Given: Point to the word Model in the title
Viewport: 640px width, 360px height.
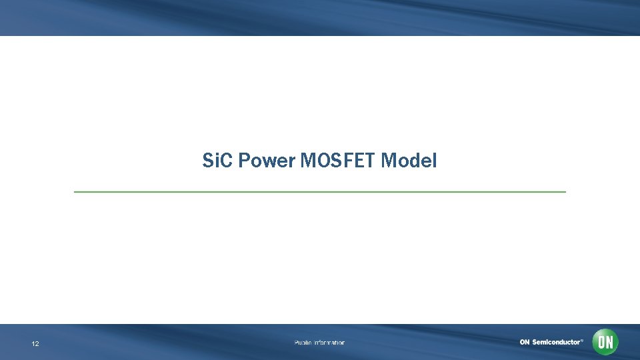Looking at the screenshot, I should (x=409, y=161).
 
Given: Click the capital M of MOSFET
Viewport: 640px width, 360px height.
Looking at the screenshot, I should (x=309, y=161).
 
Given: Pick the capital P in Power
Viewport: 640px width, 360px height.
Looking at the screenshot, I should (x=243, y=161).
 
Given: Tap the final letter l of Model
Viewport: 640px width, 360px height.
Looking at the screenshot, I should (x=435, y=161).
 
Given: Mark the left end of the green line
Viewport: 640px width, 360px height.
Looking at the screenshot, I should (x=75, y=192).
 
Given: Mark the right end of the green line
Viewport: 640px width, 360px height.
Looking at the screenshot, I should (x=565, y=192).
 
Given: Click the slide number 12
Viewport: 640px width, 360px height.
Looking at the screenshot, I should (x=35, y=344).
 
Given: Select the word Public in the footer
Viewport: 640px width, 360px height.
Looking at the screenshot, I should (x=304, y=343).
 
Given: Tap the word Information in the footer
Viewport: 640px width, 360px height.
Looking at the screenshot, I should (x=330, y=343).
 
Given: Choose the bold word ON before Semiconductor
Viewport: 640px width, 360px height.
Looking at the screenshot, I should (x=525, y=342).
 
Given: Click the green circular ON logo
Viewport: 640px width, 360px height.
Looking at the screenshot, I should (x=605, y=342).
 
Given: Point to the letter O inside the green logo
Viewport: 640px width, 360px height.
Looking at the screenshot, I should (x=601, y=342).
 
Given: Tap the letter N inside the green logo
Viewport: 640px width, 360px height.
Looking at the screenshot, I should (x=609, y=342).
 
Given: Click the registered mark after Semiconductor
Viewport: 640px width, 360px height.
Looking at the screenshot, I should (x=582, y=340).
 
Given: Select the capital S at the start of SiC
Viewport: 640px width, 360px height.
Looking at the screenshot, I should (x=207, y=161).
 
